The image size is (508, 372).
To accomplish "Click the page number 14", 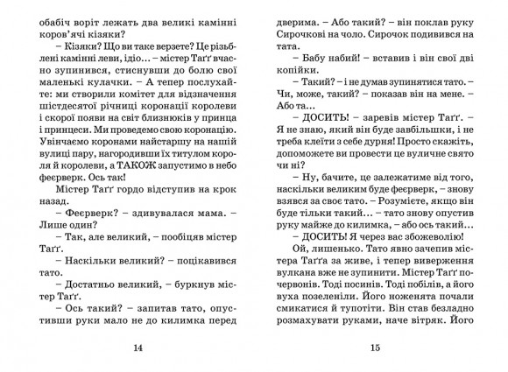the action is point(137,349).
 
